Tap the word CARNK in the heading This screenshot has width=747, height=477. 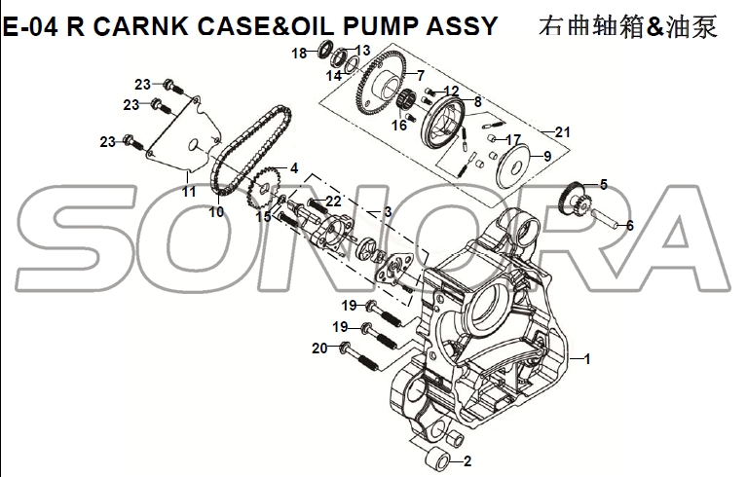pyautogui.click(x=140, y=26)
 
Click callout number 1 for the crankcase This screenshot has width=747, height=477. pyautogui.click(x=587, y=359)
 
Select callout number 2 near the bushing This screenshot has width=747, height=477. pyautogui.click(x=467, y=460)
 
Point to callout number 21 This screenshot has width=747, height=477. pyautogui.click(x=563, y=131)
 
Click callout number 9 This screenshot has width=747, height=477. pyautogui.click(x=547, y=156)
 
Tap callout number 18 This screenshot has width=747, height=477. pyautogui.click(x=299, y=53)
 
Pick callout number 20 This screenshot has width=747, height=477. pyautogui.click(x=319, y=349)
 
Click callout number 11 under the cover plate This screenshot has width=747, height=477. pyautogui.click(x=189, y=192)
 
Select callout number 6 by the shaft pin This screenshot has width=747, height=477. pyautogui.click(x=630, y=225)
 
